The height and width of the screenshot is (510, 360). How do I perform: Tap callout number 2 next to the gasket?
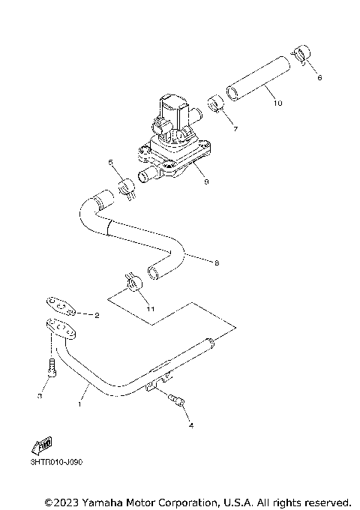pos(97,316)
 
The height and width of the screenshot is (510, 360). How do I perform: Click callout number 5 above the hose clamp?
pos(110,161)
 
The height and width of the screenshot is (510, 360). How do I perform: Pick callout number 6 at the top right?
pos(319,77)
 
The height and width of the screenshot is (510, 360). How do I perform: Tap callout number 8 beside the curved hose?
pos(217,262)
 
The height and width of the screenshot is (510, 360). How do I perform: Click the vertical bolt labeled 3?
pos(50,368)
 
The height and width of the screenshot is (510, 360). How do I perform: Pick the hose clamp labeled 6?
pos(301,54)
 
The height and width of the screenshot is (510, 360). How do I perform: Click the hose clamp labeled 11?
pos(133,283)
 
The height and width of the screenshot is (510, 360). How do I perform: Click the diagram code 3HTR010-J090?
pos(56,462)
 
